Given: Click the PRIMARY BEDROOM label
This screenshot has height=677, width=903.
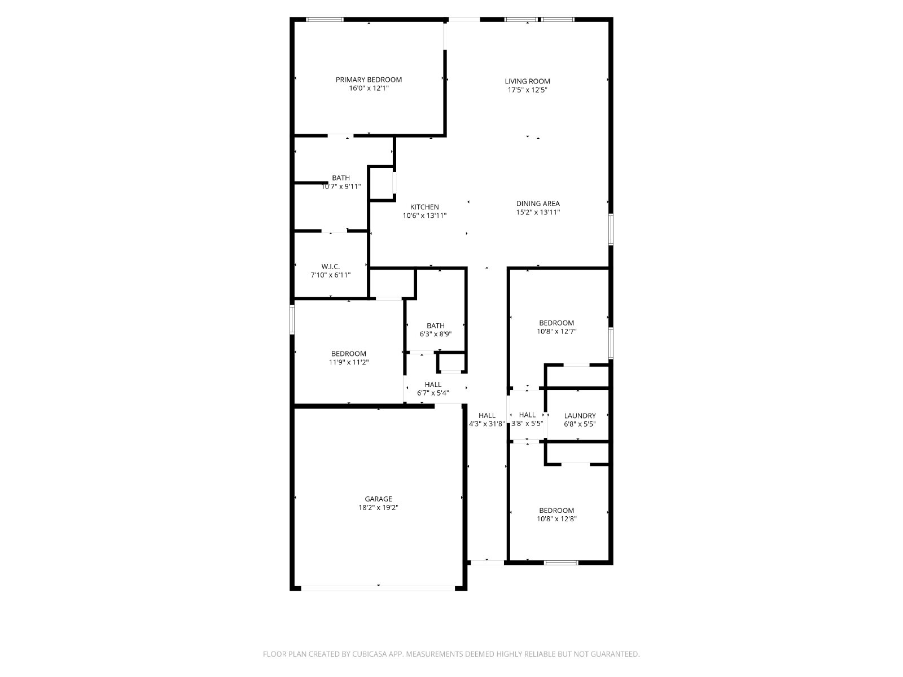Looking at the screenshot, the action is click(x=369, y=80).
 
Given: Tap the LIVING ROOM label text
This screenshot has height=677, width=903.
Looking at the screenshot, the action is click(x=527, y=81).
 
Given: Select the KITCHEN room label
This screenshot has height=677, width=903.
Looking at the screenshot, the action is click(x=424, y=207).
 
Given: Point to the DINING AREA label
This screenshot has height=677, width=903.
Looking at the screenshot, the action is click(x=538, y=204).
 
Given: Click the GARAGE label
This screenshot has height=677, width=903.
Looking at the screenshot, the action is click(x=379, y=499).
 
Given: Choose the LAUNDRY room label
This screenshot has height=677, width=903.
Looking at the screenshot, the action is click(x=580, y=416).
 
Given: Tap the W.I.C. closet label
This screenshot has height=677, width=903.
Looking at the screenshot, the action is click(x=331, y=267).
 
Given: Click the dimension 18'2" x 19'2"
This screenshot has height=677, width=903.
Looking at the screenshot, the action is click(x=379, y=508).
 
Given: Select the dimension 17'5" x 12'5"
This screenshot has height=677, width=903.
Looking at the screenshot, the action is click(x=527, y=90).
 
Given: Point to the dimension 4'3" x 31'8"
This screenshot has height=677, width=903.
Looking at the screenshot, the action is click(x=487, y=424).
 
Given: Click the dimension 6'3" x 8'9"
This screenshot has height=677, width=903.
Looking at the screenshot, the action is click(x=436, y=334).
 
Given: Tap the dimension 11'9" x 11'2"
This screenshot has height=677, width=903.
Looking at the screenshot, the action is click(x=349, y=362).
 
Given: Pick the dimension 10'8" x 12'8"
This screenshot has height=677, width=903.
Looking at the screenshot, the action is click(x=556, y=519).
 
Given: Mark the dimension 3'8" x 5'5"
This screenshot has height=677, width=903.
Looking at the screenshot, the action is click(x=527, y=423).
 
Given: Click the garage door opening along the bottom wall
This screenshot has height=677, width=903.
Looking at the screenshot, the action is click(x=378, y=588).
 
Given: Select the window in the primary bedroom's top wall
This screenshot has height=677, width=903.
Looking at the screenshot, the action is click(x=325, y=19).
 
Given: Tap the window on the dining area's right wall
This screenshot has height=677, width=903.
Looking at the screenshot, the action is click(x=611, y=230).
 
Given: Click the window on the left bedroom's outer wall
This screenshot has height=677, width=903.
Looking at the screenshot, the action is click(x=292, y=319).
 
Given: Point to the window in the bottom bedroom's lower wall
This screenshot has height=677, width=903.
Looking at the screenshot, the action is click(x=562, y=562).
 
